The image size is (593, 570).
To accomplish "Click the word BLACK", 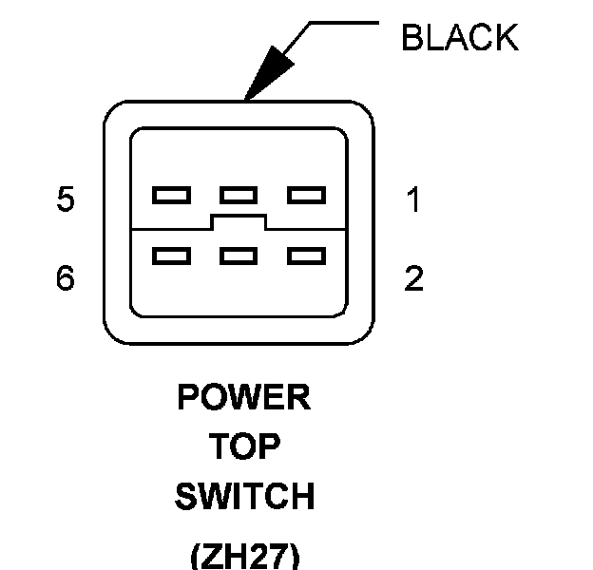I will coord(460,38).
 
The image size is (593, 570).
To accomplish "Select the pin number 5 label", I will coord(65,201).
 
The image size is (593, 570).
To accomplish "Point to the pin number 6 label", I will coord(65,279).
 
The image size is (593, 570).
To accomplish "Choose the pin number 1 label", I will coord(413,201).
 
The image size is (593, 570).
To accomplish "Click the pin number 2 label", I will coord(413,279).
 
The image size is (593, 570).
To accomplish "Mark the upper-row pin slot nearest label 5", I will coord(171,196).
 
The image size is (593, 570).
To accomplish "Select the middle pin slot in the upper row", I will coord(239,196).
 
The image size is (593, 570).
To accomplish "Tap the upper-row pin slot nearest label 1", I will coord(306,196).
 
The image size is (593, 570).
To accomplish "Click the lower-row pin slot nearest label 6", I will coord(171,256).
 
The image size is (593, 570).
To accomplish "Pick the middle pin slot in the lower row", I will coord(239,256).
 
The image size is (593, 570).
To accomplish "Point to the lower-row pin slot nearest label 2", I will coord(306,256).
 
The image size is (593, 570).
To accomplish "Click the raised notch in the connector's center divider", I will coord(239,222).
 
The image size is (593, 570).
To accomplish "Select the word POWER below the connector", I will coord(244,397).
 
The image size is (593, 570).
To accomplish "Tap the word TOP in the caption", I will coord(244,446).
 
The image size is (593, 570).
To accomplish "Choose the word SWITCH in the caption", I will coord(244,497).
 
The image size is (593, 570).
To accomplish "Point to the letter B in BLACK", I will coord(411,38).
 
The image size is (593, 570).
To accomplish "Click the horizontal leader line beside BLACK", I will coord(347,22).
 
